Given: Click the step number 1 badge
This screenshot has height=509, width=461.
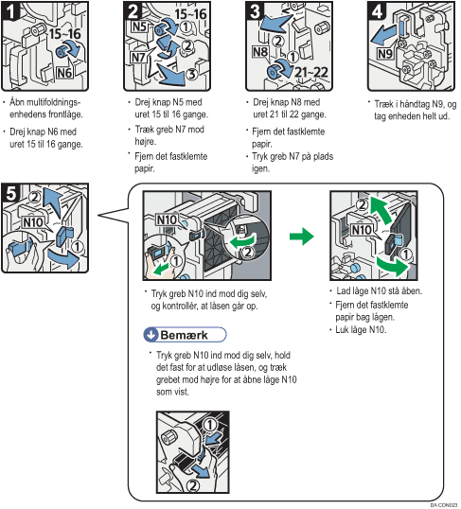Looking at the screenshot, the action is (9, 11).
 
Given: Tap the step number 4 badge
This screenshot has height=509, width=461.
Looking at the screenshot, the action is (376, 11).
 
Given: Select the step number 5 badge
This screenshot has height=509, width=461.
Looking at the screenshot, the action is (10, 192).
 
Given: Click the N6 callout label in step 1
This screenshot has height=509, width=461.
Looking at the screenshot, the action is (64, 73).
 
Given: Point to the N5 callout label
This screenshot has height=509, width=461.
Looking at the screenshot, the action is (140, 26).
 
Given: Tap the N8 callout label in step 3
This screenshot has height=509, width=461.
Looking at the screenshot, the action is (260, 52).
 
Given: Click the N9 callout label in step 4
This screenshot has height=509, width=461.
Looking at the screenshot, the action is (385, 53).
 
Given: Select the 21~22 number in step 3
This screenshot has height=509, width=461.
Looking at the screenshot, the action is (310, 72).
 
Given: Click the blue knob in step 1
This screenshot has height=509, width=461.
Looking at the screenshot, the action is (62, 52).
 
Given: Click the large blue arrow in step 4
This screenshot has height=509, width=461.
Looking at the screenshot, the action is (383, 36).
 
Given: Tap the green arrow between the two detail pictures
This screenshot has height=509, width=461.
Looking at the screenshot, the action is (301, 236).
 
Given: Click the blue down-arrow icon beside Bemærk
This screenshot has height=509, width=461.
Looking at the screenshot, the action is (151, 335).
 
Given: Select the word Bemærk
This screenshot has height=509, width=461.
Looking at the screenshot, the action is (184, 335).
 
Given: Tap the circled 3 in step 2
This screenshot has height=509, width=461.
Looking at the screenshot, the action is (191, 74).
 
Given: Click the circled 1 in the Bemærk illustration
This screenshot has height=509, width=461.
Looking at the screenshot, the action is (210, 424).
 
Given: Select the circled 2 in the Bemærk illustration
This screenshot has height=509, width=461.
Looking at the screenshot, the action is (193, 486).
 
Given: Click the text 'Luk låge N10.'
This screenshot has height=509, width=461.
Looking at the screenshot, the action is (361, 330).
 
